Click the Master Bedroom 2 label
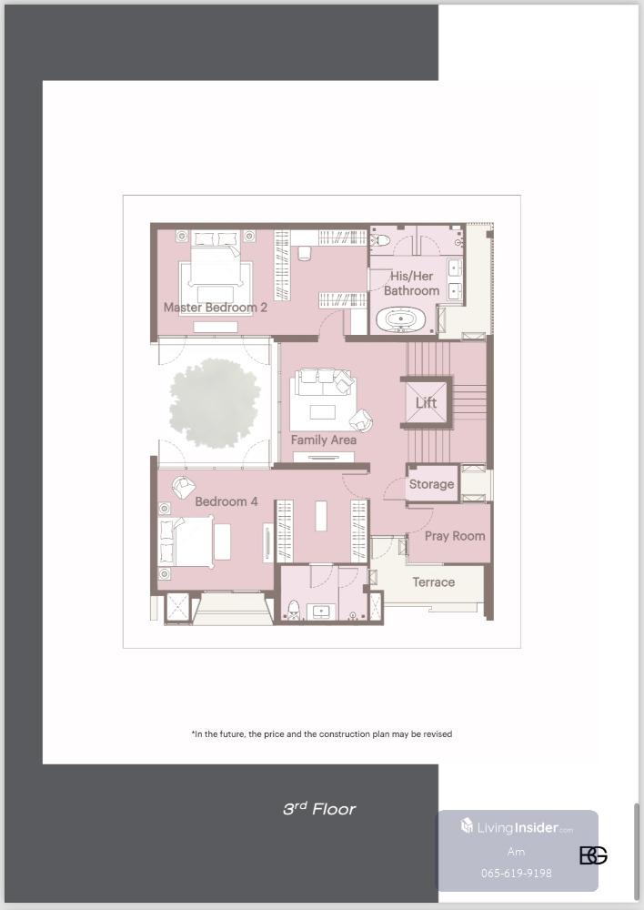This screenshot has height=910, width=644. pyautogui.click(x=216, y=308)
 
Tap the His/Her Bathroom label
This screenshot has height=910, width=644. pyautogui.click(x=411, y=283)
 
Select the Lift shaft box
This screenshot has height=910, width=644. pyautogui.click(x=426, y=402)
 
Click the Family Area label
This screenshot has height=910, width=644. pyautogui.click(x=323, y=440)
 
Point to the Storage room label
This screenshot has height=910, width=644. pyautogui.click(x=432, y=484)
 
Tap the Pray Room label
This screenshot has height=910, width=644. pyautogui.click(x=455, y=536)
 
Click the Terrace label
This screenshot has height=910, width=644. pyautogui.click(x=433, y=582)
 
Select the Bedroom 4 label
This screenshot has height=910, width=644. pyautogui.click(x=226, y=501)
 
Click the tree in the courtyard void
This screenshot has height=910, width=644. pyautogui.click(x=215, y=403)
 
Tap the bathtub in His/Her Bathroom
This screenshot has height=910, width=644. pyautogui.click(x=401, y=318)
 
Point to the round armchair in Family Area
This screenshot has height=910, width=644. pyautogui.click(x=361, y=420)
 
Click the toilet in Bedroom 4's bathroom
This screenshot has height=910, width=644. pyautogui.click(x=294, y=610)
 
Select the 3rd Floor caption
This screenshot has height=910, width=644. pyautogui.click(x=319, y=808)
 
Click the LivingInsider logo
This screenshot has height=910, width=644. pyautogui.click(x=517, y=826)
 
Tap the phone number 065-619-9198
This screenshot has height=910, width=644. pyautogui.click(x=517, y=873)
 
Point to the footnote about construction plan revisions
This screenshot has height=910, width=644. pyautogui.click(x=321, y=734)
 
